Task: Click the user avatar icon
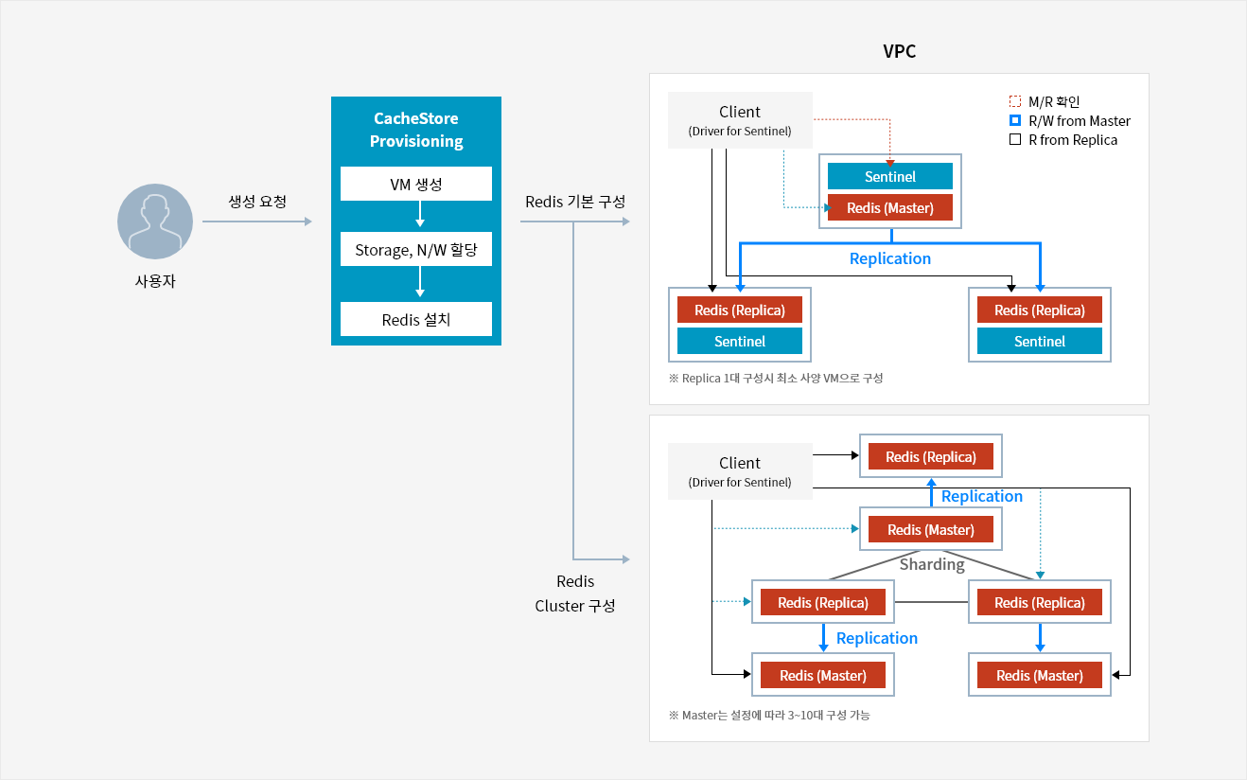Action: (x=155, y=222)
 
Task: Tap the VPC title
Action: (x=899, y=51)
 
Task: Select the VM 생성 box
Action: (x=416, y=184)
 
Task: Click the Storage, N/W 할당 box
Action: (x=416, y=249)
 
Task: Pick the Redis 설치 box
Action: (x=416, y=319)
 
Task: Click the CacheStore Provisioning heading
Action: (x=416, y=130)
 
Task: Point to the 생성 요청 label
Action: (x=257, y=201)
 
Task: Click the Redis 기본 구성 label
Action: (x=575, y=201)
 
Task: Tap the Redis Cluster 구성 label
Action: (x=575, y=594)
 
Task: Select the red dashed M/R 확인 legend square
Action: (x=1015, y=101)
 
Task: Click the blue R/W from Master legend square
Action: (x=1015, y=120)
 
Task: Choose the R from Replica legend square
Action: (x=1015, y=139)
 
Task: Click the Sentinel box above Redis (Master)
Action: (x=889, y=176)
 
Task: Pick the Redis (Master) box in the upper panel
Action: (x=889, y=207)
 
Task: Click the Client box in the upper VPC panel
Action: (x=740, y=120)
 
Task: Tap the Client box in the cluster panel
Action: (x=740, y=471)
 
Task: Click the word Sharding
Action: (x=932, y=564)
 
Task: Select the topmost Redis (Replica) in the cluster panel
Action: (x=931, y=456)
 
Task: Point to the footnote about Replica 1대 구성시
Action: (x=776, y=379)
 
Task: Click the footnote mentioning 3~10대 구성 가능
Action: (x=769, y=715)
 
